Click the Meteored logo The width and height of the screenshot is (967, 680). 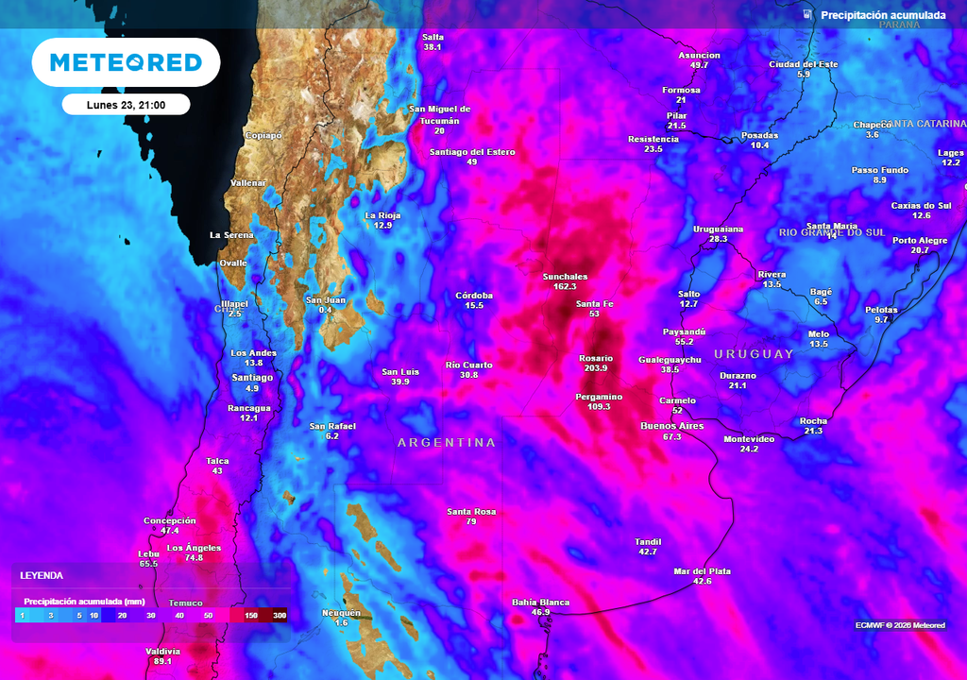pos(126,62)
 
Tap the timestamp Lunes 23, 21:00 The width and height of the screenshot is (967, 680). pos(126,105)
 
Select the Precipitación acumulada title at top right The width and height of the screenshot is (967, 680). pos(883,15)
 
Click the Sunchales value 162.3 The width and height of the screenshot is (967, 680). pos(565,286)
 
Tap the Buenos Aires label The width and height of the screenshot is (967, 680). pos(672,426)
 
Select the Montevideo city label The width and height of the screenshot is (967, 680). pos(749,439)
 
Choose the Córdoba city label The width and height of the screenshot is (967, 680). pos(474,295)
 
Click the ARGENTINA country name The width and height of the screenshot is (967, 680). pos(447,442)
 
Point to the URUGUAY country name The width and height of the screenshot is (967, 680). pos(754,354)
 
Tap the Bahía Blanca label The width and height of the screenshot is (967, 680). pos(540,602)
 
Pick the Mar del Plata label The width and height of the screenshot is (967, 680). pos(702,571)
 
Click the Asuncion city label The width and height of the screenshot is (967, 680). pos(699,55)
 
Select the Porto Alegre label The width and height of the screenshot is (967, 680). pos(920,240)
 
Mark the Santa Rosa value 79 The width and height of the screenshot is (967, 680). pos(471,521)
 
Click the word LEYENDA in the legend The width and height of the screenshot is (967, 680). pos(42,575)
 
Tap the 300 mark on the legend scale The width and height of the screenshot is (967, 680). pos(280,615)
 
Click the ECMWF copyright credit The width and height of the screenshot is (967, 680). pos(900,625)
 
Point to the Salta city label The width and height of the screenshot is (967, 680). pos(433,37)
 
